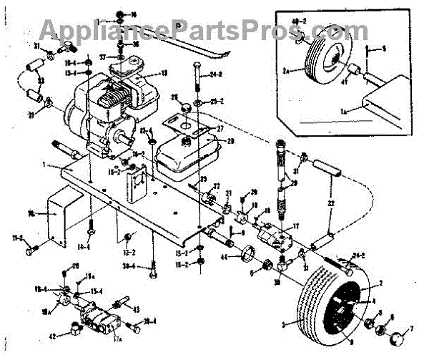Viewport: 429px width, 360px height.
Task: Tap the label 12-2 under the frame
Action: coord(129,252)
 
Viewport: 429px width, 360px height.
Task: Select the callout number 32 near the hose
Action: coord(330,204)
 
